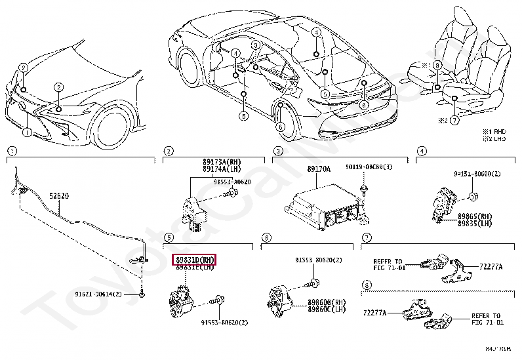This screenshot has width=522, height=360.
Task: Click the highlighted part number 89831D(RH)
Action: point(193,260)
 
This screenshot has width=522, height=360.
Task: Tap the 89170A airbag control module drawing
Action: point(321,207)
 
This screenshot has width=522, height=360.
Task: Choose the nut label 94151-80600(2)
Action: point(477,174)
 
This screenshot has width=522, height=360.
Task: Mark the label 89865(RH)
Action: point(476,216)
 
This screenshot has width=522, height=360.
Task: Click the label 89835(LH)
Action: point(476,223)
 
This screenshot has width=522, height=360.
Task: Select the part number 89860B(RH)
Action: point(327,302)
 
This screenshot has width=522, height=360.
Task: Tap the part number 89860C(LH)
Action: point(327,310)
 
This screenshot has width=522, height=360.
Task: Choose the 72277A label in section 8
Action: point(374,313)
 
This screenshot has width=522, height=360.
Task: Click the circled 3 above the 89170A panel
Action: point(277,151)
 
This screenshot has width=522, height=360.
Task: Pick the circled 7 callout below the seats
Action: point(454,121)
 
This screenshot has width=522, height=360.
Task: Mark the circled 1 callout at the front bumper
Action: point(27,132)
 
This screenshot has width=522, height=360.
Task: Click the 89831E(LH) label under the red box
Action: point(193,268)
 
